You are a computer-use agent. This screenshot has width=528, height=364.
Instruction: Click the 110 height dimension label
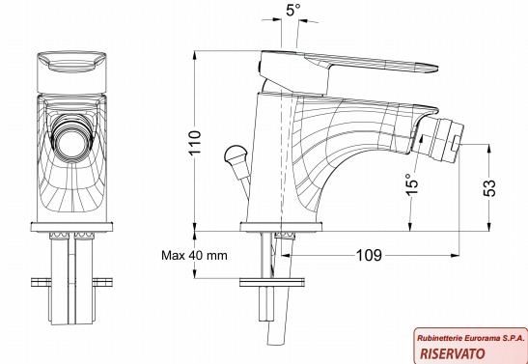tap(195, 142)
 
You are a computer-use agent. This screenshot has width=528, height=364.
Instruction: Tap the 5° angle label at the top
tap(292, 10)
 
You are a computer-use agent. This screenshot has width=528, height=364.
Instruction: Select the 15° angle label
tap(411, 183)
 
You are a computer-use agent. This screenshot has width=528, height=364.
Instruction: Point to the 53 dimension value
tap(489, 188)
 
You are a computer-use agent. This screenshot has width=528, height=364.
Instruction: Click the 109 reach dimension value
tap(369, 255)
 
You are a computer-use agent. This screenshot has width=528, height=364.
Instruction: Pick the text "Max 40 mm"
tap(194, 255)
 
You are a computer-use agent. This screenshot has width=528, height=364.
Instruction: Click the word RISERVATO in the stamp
tap(453, 353)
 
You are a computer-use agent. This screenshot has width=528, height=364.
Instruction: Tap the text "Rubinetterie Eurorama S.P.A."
tap(471, 338)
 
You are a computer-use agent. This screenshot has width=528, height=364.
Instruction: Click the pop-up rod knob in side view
tap(235, 154)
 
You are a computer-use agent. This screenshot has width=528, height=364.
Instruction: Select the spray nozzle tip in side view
tap(439, 139)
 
